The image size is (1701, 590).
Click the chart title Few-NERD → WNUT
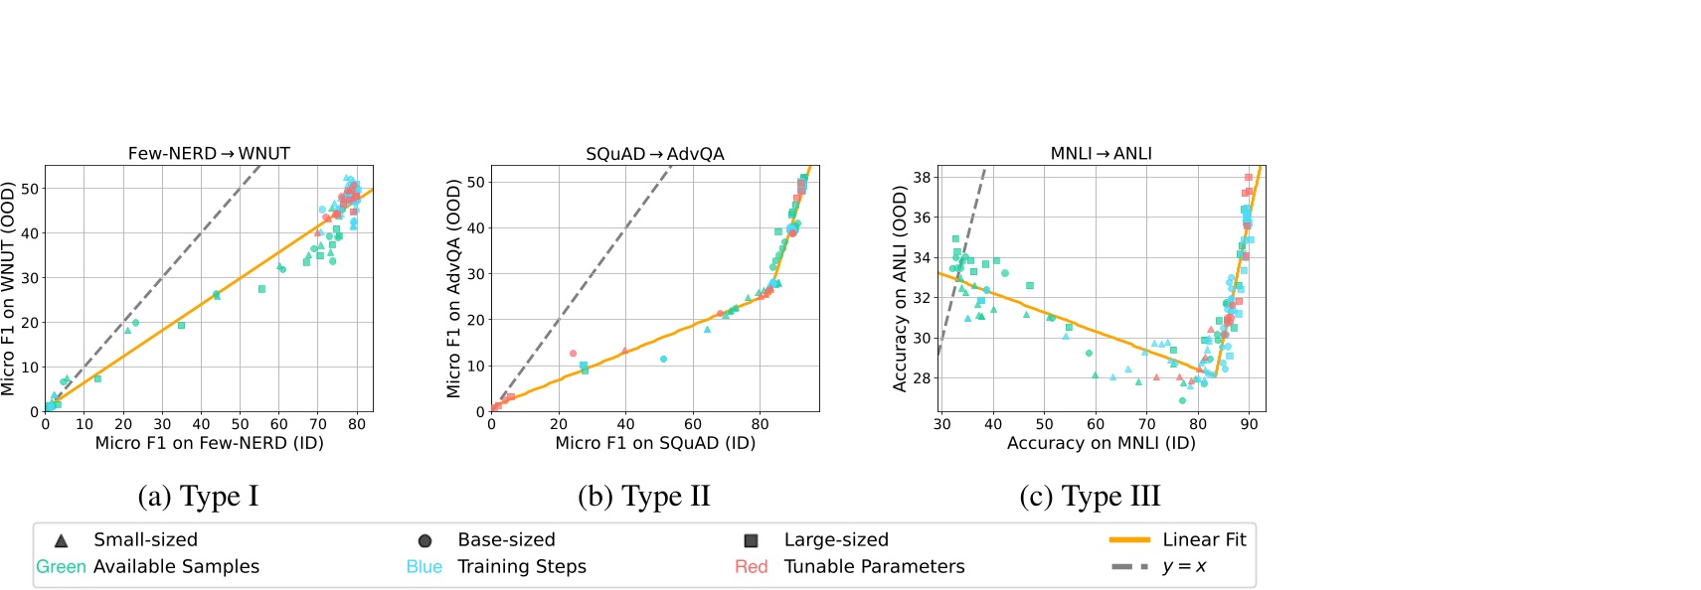[209, 154]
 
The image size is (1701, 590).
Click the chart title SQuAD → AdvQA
[655, 154]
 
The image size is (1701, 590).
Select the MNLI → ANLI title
[1101, 154]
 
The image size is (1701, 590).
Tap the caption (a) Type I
[198, 496]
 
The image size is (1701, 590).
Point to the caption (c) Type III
[1090, 496]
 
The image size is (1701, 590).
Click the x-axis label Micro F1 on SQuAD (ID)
[655, 443]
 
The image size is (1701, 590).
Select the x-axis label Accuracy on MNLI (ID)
[1101, 443]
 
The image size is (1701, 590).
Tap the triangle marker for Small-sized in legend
[61, 540]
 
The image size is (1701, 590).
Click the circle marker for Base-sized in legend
[425, 540]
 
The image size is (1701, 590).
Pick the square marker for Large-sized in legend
[752, 540]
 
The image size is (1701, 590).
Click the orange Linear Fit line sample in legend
[1129, 540]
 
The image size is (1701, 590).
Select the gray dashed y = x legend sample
[1129, 567]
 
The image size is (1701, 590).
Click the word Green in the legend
[61, 567]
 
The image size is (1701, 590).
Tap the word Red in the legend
[751, 567]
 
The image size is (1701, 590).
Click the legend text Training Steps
[522, 567]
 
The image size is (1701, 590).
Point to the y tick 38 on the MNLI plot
[922, 178]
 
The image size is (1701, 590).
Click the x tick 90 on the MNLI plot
[1249, 424]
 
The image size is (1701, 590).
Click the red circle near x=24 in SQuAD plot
[573, 354]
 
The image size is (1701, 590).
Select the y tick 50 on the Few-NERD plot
[30, 189]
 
